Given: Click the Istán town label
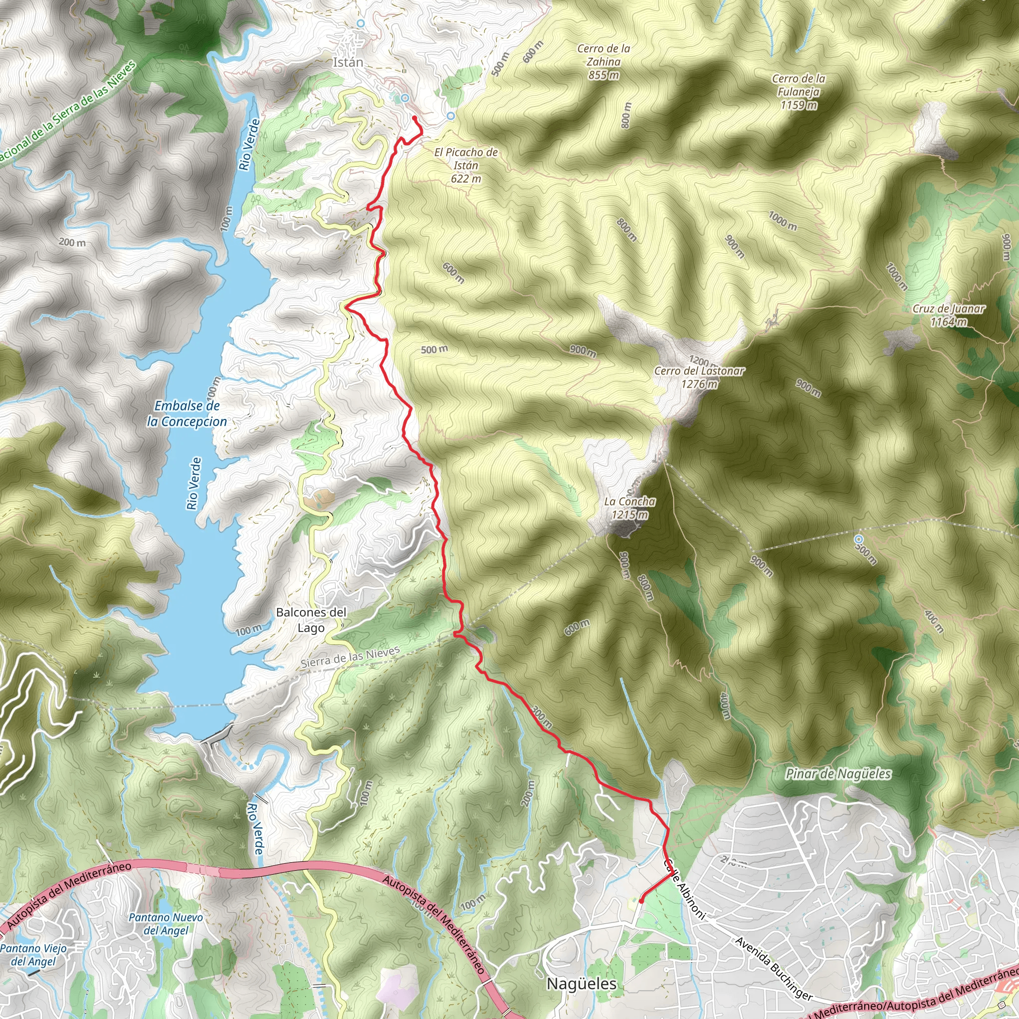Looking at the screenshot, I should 348,62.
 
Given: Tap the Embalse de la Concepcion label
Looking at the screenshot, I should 187,413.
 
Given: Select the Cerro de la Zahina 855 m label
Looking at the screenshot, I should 604,62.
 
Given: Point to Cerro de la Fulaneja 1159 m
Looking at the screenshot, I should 799,92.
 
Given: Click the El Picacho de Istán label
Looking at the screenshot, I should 466,165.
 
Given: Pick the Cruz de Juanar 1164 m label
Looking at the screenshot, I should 948,315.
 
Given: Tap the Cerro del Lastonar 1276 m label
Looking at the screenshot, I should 699,377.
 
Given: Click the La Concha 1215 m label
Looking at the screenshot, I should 630,508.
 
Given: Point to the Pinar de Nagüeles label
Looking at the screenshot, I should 838,774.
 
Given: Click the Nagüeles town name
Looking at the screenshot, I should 581,984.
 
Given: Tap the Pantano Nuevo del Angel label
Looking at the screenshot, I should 166,923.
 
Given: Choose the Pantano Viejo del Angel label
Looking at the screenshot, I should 34,955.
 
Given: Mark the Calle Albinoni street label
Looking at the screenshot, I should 684,889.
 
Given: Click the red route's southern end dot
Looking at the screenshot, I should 641,902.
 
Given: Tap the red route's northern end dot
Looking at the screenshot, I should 414,117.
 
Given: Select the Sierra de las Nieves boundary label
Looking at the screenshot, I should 350,658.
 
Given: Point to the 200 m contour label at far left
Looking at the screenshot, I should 72,243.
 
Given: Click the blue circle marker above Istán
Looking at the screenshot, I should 361,23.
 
